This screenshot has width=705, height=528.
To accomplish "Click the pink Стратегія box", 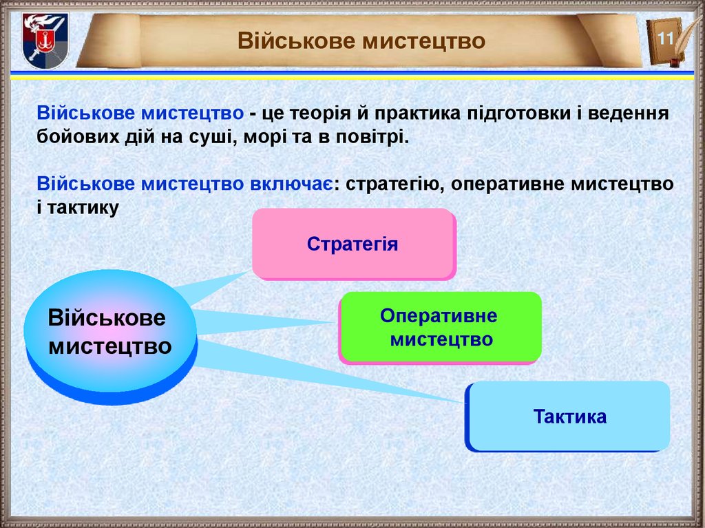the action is click(352, 244).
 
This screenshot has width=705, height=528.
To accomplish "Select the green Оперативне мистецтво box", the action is click(440, 327).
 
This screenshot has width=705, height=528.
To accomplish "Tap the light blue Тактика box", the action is click(569, 416).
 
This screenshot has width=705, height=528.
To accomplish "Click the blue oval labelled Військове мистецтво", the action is click(109, 332).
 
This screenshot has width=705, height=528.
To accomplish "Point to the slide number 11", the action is click(664, 39).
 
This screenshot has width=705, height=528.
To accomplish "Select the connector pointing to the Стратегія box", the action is click(213, 287).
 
